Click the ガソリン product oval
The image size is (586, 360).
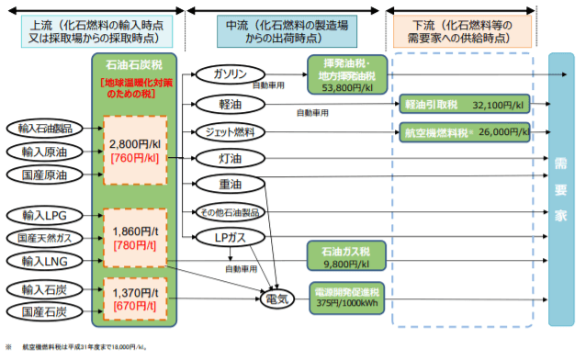(x=229, y=73)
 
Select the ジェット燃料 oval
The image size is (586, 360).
(x=229, y=130)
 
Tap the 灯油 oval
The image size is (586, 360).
(x=229, y=158)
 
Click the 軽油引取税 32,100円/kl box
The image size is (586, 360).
(x=464, y=105)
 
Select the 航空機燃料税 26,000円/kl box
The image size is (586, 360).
(x=464, y=131)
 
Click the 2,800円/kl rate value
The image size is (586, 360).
(x=134, y=144)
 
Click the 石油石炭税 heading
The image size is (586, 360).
(x=134, y=65)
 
